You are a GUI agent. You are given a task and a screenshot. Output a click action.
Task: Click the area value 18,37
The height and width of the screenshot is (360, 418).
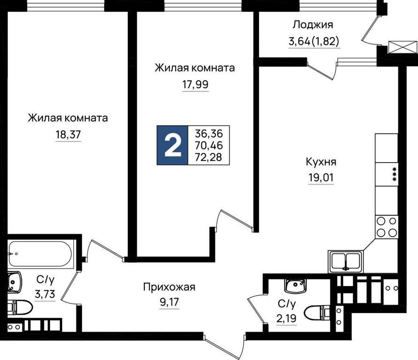68,135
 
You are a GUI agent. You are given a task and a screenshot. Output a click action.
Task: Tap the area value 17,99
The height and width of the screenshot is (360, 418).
195,85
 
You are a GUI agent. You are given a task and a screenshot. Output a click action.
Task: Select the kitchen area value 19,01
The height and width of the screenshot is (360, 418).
321,178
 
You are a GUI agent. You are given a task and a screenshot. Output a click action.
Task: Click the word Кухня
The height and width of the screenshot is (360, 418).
321,162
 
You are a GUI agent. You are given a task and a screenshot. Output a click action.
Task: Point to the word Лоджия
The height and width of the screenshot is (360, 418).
313,25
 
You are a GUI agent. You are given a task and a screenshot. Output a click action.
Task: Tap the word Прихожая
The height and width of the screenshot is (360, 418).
169,287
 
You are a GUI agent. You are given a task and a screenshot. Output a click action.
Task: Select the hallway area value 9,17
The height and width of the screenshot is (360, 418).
169,303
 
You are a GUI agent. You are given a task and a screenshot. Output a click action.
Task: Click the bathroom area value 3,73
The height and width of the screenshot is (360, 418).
45,294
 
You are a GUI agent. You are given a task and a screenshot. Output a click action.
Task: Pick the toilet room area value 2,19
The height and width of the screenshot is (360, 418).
287,318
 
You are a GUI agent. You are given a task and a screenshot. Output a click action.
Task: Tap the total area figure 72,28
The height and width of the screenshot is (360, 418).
209,157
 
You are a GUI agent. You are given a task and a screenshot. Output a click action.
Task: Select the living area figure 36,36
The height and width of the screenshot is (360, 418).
209,133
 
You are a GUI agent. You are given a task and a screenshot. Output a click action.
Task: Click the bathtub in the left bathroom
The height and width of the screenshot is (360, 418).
40,254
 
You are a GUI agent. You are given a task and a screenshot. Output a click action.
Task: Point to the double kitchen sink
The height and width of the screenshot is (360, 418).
345,262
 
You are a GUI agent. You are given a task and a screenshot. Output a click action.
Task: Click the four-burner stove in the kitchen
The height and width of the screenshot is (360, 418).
387,227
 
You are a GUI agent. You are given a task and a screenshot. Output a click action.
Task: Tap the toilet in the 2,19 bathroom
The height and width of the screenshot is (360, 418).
317,312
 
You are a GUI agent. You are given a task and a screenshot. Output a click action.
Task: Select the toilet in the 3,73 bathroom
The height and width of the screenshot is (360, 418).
20,307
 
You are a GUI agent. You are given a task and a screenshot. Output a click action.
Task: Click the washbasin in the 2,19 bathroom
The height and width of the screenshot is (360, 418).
295,285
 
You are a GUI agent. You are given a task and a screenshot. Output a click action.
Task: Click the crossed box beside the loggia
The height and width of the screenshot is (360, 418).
403,48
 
